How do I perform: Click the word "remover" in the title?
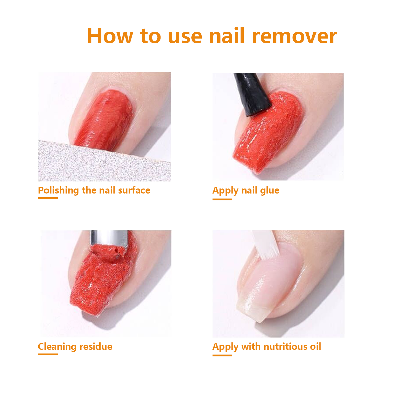click(294, 36)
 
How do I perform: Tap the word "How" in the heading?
click(110, 36)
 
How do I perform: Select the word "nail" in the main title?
click(227, 36)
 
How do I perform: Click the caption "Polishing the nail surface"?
click(94, 190)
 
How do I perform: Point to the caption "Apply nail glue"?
click(246, 190)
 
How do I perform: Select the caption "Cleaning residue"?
click(75, 346)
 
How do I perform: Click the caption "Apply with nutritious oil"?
click(267, 346)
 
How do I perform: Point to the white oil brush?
click(265, 244)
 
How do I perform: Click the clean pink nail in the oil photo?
click(272, 280)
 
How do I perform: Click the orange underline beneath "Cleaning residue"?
click(48, 354)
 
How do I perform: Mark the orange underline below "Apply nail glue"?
click(222, 199)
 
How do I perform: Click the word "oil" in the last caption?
click(315, 346)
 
